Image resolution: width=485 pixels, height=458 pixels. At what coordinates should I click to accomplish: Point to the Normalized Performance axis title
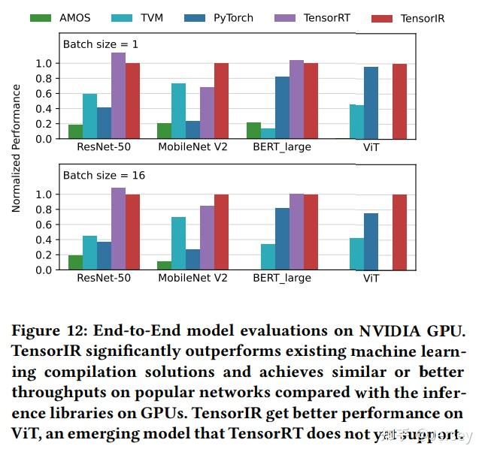coord(17,148)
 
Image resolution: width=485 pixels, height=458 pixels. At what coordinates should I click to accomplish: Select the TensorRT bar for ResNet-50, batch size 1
coord(118,95)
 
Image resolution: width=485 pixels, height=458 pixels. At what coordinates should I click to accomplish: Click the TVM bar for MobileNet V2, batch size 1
coord(178,111)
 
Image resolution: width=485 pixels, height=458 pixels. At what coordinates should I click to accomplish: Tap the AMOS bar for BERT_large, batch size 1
coord(253,131)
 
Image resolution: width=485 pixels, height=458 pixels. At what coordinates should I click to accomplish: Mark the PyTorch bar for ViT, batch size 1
coord(371,103)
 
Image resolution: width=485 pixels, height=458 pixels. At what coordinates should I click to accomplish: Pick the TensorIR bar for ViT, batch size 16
coord(399,232)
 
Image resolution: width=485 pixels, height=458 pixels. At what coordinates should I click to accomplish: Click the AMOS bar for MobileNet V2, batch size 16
coord(164,266)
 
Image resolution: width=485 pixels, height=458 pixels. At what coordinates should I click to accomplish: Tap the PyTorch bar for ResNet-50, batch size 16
coord(104,255)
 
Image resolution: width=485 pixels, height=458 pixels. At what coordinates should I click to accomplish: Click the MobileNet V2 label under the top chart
coord(192,147)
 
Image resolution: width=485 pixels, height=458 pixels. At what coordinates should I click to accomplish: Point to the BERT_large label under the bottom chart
coord(282,278)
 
